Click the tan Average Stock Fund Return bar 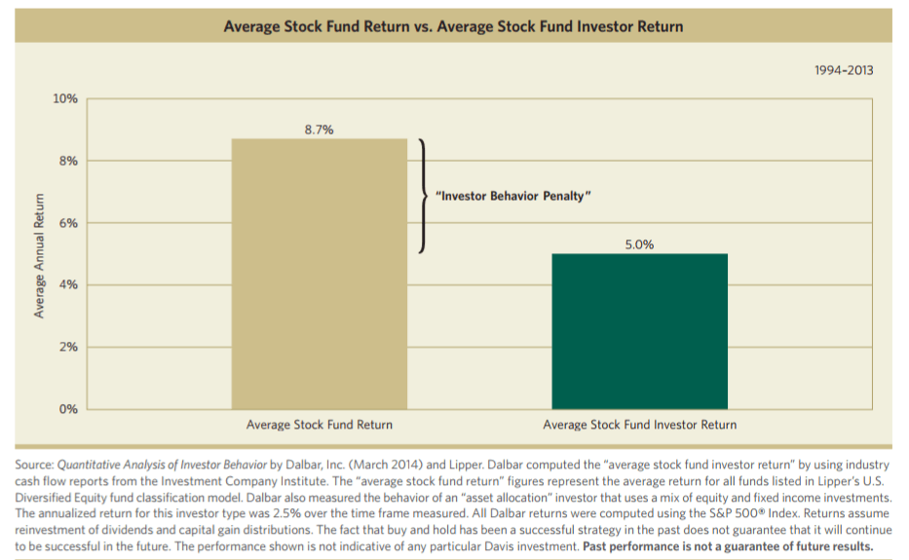coord(319,274)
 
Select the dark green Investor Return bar coord(639,331)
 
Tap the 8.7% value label coord(319,129)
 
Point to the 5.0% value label coord(639,243)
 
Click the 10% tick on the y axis coord(65,99)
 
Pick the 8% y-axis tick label coord(68,161)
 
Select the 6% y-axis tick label coord(68,223)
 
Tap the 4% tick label coord(68,284)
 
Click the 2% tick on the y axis coord(68,347)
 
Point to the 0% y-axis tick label coord(68,408)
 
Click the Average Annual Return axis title coord(40,254)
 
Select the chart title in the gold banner coord(453,26)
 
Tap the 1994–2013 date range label coord(843,70)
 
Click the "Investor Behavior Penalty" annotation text coord(512,196)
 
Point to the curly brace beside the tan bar coord(423,196)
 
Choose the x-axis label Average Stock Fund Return coord(319,425)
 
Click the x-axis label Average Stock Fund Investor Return coord(639,425)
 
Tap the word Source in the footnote coord(33,466)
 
